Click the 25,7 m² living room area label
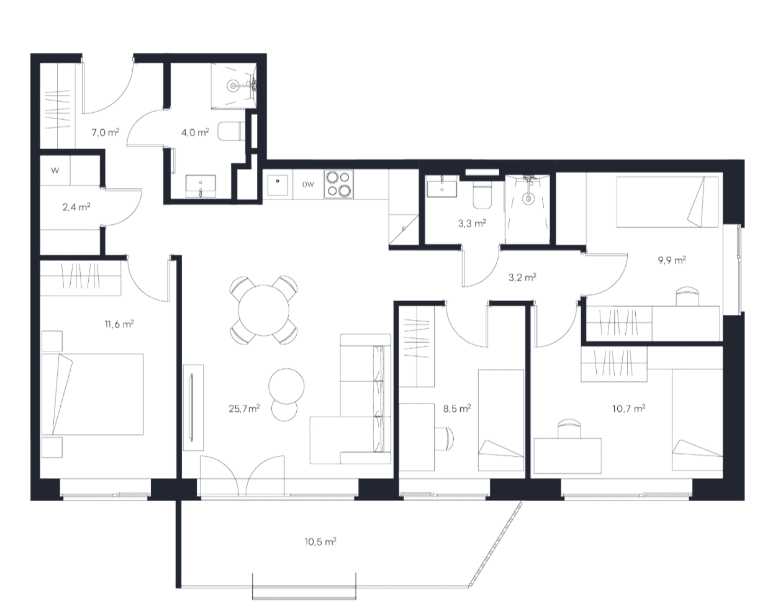pyautogui.click(x=244, y=409)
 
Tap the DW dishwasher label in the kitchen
pyautogui.click(x=308, y=184)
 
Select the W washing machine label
pyautogui.click(x=55, y=171)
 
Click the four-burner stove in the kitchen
pyautogui.click(x=338, y=184)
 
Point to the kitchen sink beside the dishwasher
pyautogui.click(x=278, y=185)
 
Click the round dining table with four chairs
pyautogui.click(x=264, y=310)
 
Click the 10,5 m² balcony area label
pyautogui.click(x=320, y=541)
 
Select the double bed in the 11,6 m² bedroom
pyautogui.click(x=93, y=394)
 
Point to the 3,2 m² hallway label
pyautogui.click(x=522, y=277)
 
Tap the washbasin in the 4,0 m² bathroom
pyautogui.click(x=201, y=186)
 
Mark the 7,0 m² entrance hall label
pyautogui.click(x=106, y=132)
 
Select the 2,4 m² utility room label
pyautogui.click(x=76, y=207)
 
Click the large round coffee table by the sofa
pyautogui.click(x=286, y=386)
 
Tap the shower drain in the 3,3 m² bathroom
pyautogui.click(x=528, y=199)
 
